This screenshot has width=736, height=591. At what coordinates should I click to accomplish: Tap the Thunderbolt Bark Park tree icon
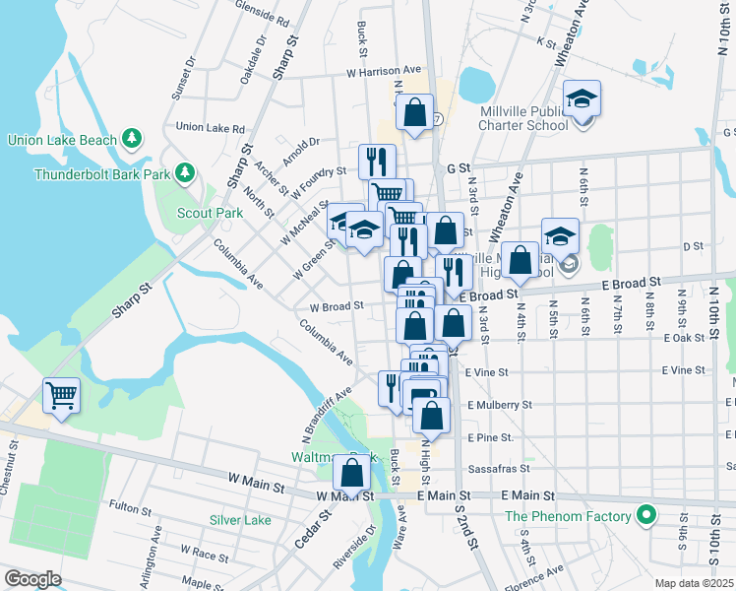click(x=183, y=174)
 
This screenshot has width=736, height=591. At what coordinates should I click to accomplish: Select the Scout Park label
click(x=210, y=213)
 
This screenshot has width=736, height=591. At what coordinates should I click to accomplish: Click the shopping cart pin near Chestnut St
click(x=61, y=396)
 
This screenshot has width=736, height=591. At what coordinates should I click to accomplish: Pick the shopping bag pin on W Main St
click(x=351, y=474)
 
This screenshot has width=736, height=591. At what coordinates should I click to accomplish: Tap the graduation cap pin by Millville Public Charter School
click(x=582, y=98)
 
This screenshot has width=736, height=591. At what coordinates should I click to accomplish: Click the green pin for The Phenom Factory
click(x=645, y=516)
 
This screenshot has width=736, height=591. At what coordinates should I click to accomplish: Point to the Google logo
click(x=31, y=578)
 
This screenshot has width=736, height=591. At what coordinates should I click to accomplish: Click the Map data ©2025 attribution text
click(x=694, y=583)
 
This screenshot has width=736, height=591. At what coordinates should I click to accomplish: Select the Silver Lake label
click(x=240, y=519)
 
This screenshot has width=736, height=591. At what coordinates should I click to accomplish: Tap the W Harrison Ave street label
click(x=383, y=71)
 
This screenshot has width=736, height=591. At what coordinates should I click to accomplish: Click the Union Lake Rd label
click(x=210, y=128)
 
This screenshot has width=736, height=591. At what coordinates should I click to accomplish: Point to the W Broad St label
click(x=337, y=306)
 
